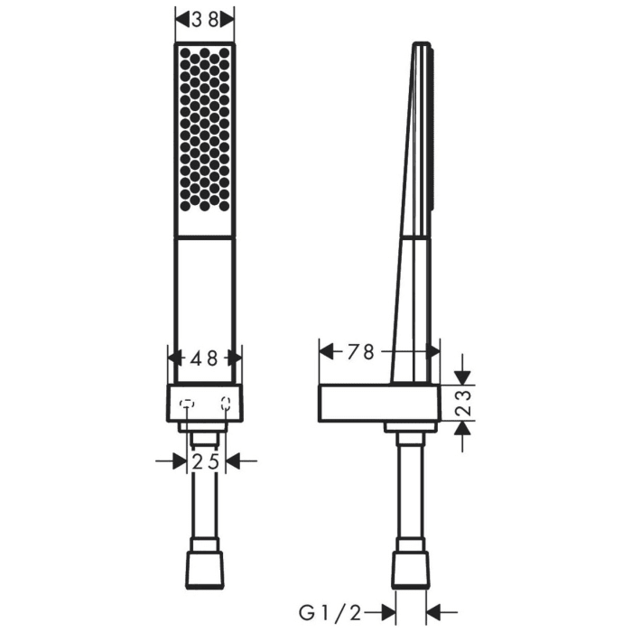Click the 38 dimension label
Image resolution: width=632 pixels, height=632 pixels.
point(204,20)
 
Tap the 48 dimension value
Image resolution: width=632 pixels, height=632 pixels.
point(204,358)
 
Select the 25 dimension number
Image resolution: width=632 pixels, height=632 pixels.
point(206,462)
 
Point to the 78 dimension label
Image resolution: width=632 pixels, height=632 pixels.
point(359,352)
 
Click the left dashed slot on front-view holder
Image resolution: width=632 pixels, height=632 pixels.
point(187,404)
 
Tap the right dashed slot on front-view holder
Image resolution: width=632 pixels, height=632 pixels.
point(225,404)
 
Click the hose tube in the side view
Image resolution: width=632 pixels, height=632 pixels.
point(411,497)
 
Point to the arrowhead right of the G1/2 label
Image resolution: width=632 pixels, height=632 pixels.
point(432,613)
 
